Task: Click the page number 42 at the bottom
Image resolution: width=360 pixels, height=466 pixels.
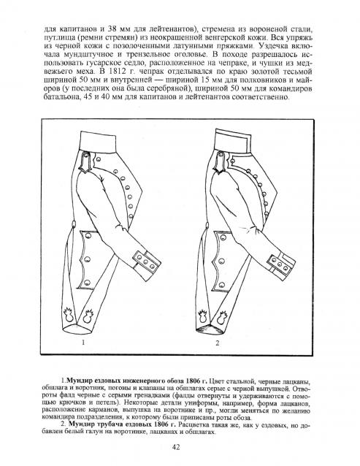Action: [x=176, y=447]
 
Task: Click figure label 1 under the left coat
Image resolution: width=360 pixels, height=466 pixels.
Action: [x=83, y=343]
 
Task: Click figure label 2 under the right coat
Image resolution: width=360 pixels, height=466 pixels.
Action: [x=218, y=343]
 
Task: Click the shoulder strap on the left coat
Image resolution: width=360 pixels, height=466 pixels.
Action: [x=85, y=162]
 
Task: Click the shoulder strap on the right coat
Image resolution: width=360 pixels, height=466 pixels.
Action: [x=220, y=162]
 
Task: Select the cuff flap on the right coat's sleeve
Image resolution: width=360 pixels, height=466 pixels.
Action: [x=279, y=263]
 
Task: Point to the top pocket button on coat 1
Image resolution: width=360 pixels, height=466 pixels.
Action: [x=88, y=236]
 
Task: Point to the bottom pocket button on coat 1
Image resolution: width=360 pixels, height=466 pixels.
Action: [x=87, y=282]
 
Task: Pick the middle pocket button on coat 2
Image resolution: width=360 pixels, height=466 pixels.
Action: [x=221, y=261]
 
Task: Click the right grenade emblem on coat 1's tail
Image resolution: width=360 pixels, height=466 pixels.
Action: [x=88, y=316]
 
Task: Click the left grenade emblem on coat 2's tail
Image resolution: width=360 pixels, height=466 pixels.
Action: [x=203, y=317]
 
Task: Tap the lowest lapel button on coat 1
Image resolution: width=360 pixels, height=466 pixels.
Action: [x=131, y=216]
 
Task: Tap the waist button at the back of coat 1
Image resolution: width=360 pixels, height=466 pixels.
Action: [x=73, y=224]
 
